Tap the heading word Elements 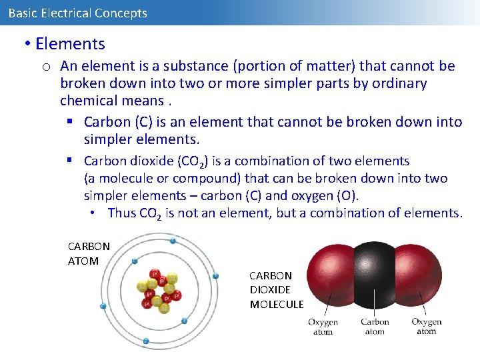click(70, 44)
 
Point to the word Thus click(121, 213)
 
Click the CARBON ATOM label click(89, 253)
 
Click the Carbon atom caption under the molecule click(375, 327)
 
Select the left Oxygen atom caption click(323, 327)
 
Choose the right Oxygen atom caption click(427, 327)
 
